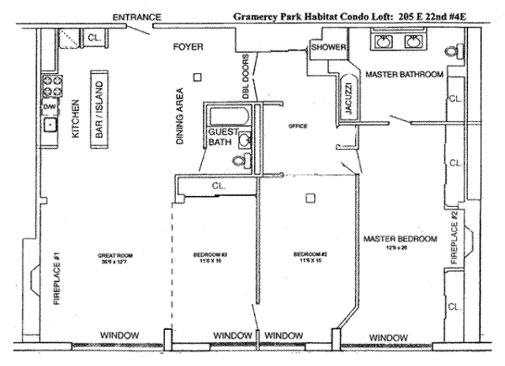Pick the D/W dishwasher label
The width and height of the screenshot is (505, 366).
click(x=49, y=107)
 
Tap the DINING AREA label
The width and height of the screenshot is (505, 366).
click(x=179, y=118)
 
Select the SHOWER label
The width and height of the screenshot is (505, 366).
click(x=327, y=47)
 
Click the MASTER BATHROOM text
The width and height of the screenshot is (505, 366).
click(x=404, y=75)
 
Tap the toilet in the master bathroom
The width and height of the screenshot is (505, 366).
click(x=454, y=51)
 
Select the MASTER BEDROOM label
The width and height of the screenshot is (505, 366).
click(x=400, y=240)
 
